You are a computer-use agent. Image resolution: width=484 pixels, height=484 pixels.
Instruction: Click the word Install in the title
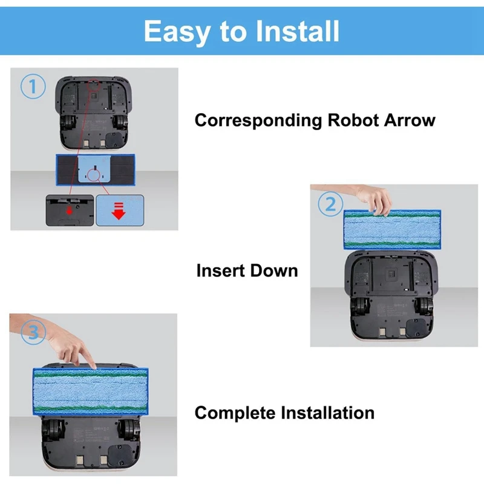pos(295,31)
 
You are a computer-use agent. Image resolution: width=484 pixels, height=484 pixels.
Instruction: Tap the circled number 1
pos(33,87)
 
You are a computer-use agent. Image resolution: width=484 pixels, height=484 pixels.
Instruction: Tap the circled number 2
pos(330,204)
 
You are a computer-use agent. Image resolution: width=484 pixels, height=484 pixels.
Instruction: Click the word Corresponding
pos(258,120)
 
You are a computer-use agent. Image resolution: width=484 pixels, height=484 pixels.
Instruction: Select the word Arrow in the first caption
pos(409,120)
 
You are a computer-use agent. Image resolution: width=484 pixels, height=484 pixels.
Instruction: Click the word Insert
pos(221,270)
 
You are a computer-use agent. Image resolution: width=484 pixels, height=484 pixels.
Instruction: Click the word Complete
pos(235,413)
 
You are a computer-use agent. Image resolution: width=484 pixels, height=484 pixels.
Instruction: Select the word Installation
pos(327,413)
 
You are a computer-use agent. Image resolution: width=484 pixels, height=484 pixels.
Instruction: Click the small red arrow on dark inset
pos(70,211)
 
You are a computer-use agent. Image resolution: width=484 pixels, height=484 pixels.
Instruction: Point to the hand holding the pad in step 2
pos(376,197)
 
